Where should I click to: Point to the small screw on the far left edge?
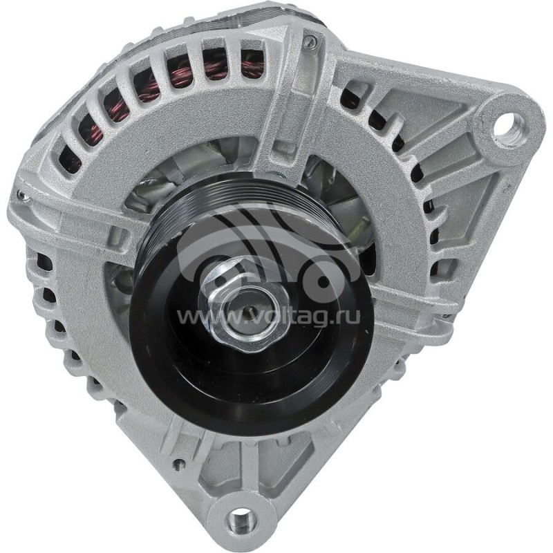[x=23, y=197]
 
